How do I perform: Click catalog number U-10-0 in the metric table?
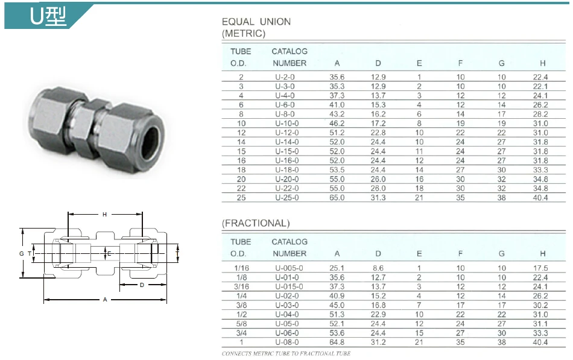coord(286,123)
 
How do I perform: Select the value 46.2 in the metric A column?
coord(337,123)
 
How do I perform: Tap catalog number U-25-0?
coord(286,198)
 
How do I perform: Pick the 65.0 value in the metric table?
coord(337,198)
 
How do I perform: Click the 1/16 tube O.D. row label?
coord(241,268)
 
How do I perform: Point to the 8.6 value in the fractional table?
coord(378,268)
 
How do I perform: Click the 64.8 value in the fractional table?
coord(337,343)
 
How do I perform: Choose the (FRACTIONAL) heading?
coord(256,223)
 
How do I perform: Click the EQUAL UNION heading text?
coord(256,22)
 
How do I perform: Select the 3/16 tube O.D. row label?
coord(241,287)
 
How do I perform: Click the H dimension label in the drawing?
coord(104,215)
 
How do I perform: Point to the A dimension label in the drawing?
coord(105,300)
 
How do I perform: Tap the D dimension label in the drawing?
coord(142,285)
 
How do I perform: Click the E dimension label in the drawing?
coord(109,254)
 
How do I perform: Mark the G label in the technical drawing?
coord(21,254)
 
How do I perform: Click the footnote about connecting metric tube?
coord(286,353)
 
